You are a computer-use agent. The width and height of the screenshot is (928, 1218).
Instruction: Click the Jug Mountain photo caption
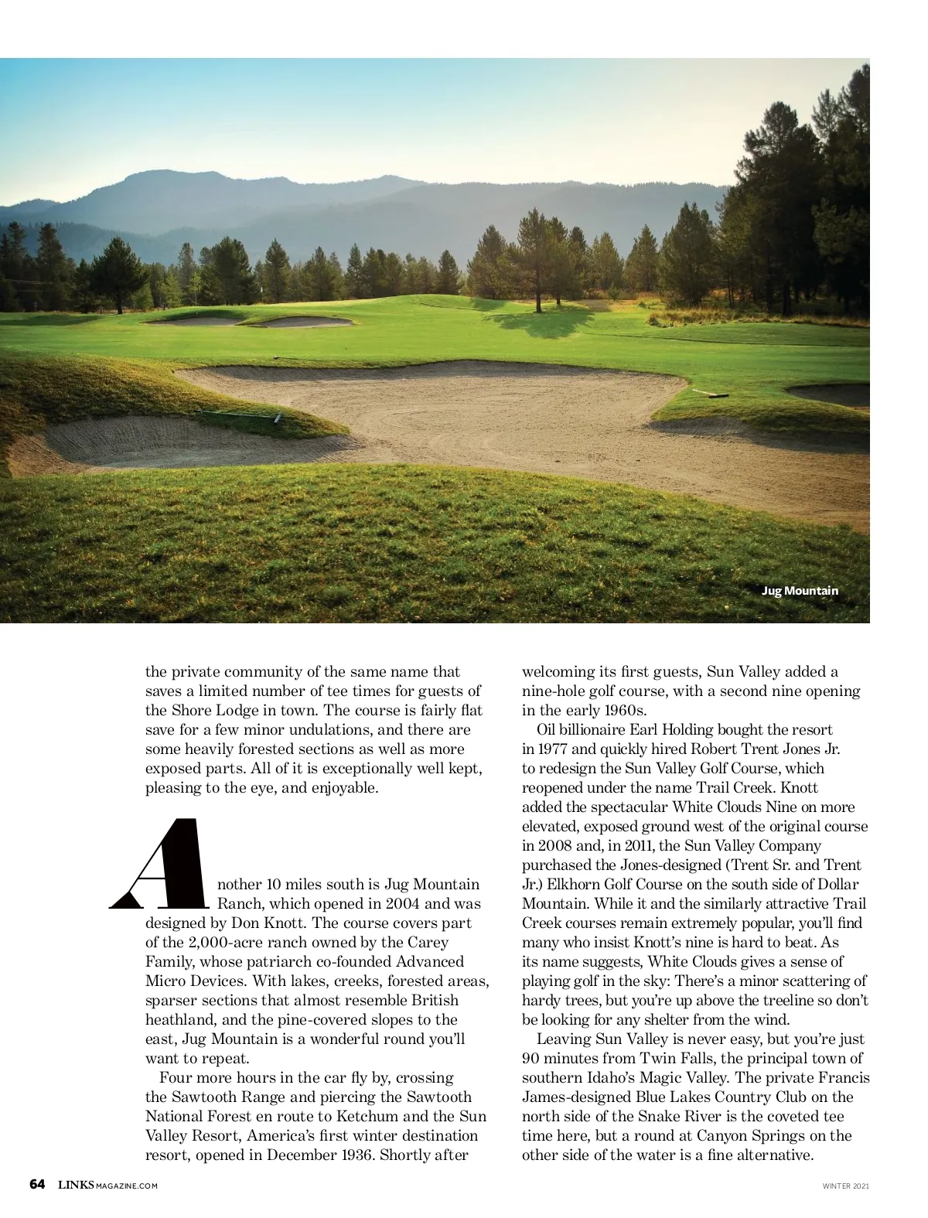800,591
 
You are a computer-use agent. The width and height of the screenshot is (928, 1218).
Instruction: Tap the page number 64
38,1185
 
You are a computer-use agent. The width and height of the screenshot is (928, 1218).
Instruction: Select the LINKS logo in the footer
76,1185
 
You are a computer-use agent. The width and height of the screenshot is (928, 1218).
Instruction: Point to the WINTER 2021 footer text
845,1186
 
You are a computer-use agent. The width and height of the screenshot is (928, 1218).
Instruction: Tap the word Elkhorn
554,884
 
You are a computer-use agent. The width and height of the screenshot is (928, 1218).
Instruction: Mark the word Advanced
430,961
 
